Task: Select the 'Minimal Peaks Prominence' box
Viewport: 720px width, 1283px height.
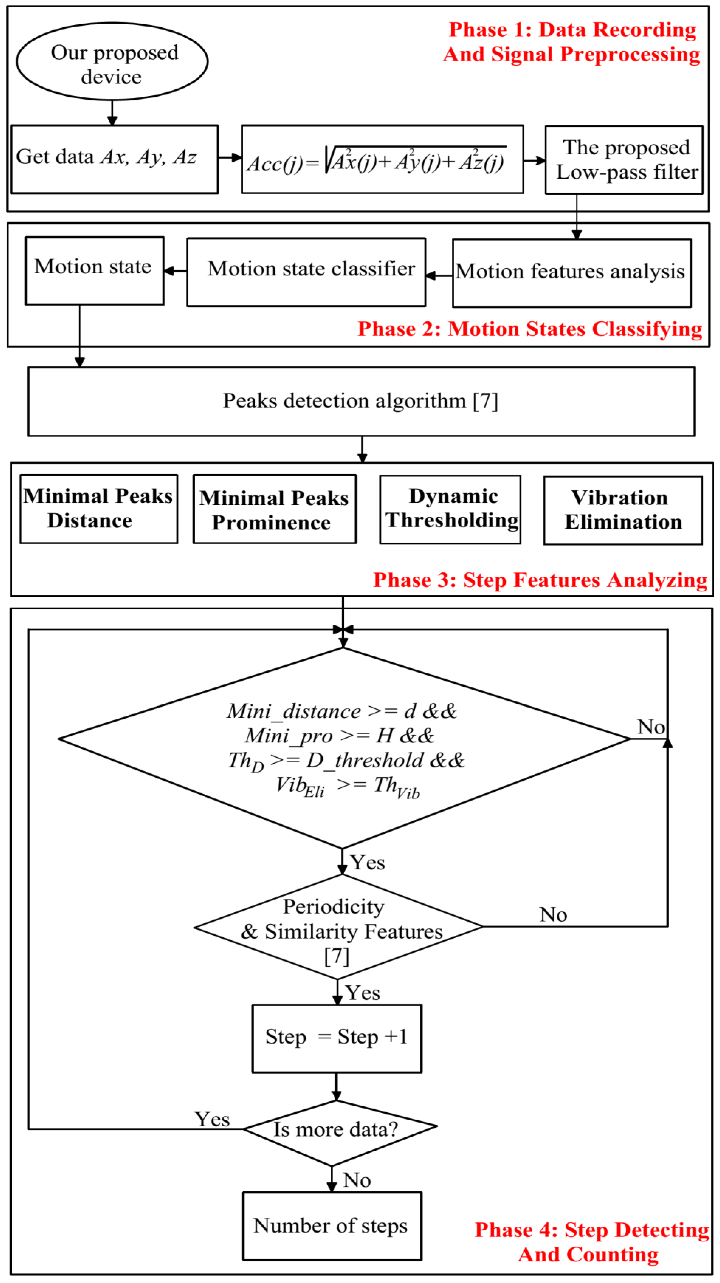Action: [274, 509]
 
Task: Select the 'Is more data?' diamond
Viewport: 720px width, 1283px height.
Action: [339, 1128]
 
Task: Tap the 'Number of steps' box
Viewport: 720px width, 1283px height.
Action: [332, 1226]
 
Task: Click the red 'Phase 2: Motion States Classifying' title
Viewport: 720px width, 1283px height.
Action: [529, 329]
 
